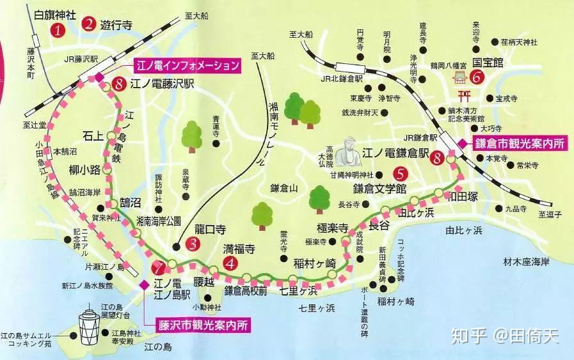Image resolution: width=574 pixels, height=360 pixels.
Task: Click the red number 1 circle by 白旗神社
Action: coord(59,29)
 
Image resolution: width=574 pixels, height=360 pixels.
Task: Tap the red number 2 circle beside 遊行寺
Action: coord(89,24)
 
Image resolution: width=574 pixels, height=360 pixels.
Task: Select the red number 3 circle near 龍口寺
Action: coord(193,243)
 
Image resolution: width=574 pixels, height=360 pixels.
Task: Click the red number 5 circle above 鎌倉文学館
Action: coord(399,173)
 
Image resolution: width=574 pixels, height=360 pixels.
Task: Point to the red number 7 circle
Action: coord(159,267)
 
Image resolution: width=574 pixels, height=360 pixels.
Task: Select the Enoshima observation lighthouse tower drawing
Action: coord(88,326)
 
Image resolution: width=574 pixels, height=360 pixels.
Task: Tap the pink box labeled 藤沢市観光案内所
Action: coord(203,324)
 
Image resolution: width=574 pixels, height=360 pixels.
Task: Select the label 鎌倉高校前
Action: coord(244,291)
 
